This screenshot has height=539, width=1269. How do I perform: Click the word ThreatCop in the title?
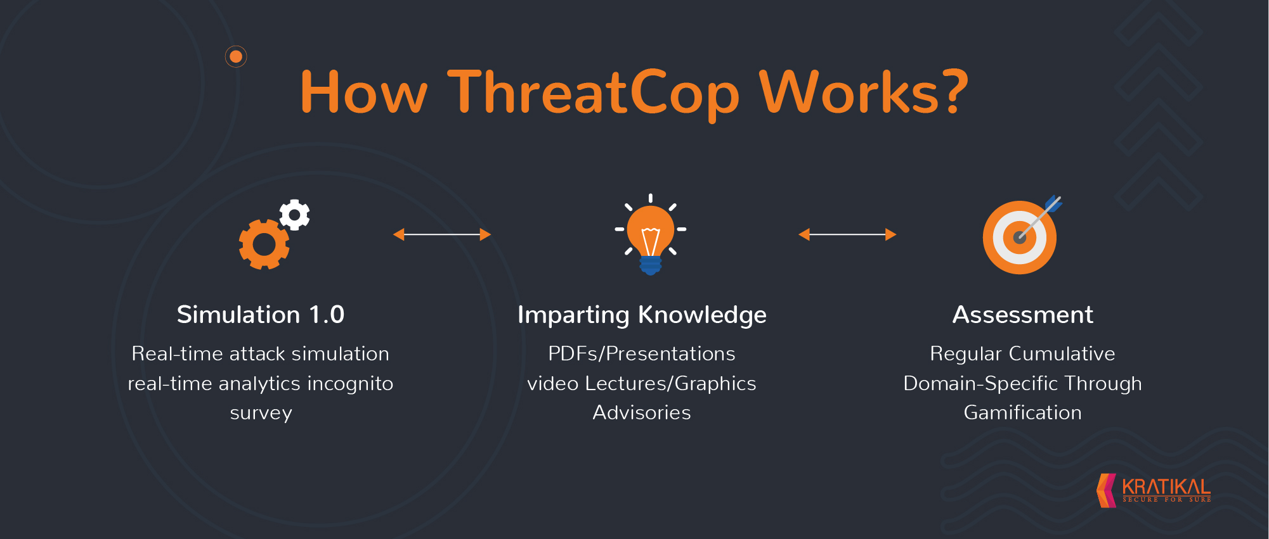point(594,94)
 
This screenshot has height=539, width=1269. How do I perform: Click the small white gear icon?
point(295,215)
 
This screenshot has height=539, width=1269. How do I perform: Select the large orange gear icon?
point(264,244)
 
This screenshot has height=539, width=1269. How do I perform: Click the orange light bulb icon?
point(651,234)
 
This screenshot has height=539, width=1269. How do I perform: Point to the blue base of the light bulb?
point(651,265)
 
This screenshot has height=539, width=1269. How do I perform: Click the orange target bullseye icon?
point(1020,238)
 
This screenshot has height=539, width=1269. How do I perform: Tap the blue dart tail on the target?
point(1054,204)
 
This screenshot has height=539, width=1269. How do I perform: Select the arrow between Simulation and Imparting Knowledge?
point(442,234)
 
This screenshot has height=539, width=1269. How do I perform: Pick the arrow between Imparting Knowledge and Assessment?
point(847,234)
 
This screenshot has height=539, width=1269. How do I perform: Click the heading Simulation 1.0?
point(261,315)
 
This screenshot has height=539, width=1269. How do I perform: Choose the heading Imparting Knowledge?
point(642,315)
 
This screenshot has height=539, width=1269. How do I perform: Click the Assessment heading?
point(1023,315)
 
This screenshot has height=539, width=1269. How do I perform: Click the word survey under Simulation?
point(261,414)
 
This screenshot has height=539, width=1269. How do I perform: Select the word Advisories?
point(642,412)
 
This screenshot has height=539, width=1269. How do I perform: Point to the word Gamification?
point(1023,412)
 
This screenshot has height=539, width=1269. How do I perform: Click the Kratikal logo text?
point(1166,487)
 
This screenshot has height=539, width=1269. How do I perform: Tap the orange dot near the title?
point(236,57)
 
